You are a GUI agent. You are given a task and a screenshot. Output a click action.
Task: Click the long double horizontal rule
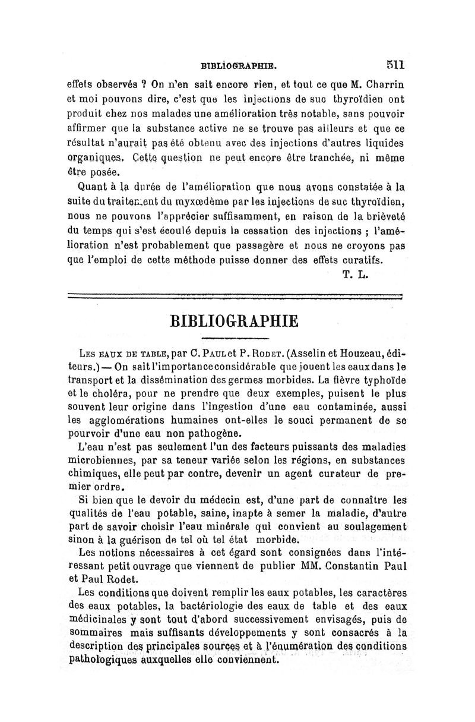[x=236, y=295]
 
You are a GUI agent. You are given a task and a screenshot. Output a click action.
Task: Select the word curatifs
[x=359, y=259]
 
